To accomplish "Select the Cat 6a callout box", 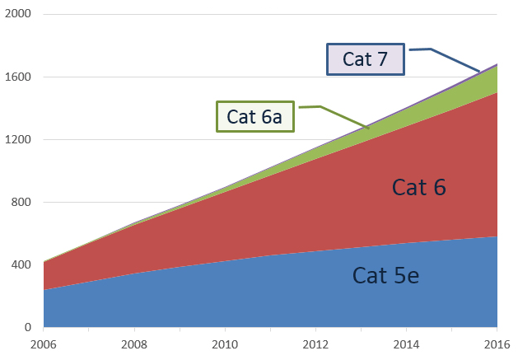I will coord(254,116).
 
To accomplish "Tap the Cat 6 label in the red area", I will coord(418,188).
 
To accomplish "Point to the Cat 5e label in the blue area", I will coord(385,275).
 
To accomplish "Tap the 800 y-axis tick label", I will coord(21,203).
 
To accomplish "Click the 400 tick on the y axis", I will coord(21,265).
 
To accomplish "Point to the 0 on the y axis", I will coord(28,328).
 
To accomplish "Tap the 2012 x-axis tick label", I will coord(315,344).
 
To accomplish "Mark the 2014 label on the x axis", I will coord(406,344).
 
